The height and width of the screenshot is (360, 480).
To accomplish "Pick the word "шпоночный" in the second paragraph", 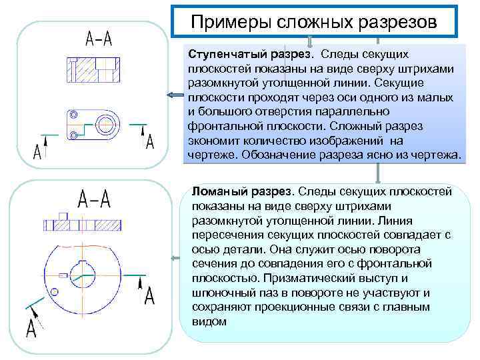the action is pyautogui.click(x=221, y=293).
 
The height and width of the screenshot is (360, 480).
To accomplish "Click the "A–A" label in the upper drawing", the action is pyautogui.click(x=98, y=39).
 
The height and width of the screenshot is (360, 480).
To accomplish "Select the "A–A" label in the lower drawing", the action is pyautogui.click(x=93, y=198).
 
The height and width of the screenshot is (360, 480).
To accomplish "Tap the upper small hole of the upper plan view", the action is pyautogui.click(x=73, y=115).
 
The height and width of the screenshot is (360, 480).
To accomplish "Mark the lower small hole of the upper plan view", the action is pyautogui.click(x=73, y=135).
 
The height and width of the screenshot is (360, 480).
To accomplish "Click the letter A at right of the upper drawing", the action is pyautogui.click(x=150, y=142).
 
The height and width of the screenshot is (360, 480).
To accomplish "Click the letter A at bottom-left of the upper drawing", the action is pyautogui.click(x=37, y=152).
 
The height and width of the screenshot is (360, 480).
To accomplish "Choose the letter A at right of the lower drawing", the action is pyautogui.click(x=150, y=295).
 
